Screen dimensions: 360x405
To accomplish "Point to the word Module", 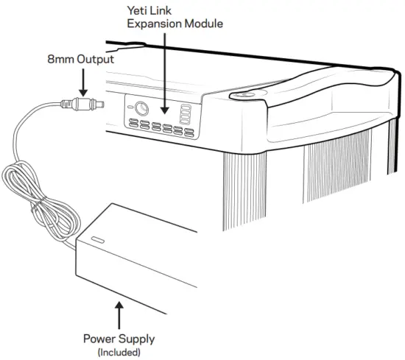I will click(x=198, y=24).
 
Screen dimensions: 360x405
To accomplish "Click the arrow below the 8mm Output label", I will click(x=83, y=80).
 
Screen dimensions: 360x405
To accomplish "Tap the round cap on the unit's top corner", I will click(x=243, y=94).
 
